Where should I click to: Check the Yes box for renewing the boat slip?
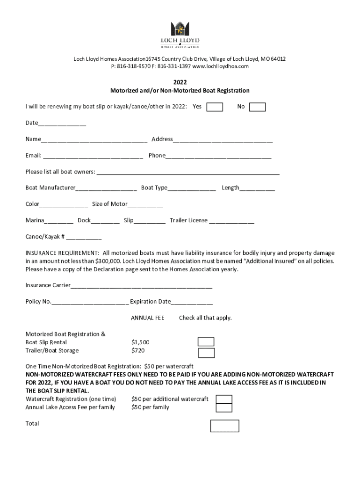[x=215, y=107]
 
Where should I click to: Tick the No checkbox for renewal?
[x=257, y=107]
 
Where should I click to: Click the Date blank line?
[x=62, y=123]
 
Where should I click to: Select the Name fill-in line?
[x=94, y=139]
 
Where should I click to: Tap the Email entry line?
[x=93, y=156]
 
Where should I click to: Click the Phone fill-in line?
[x=218, y=156]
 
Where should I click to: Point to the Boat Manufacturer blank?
[x=106, y=188]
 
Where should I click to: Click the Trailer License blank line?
[x=231, y=221]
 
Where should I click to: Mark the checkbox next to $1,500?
[x=206, y=342]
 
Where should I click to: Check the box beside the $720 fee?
[x=206, y=353]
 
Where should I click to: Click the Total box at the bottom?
[x=224, y=426]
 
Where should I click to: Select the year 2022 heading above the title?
[x=180, y=82]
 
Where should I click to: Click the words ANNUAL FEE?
[x=147, y=318]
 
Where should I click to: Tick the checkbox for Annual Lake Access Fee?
[x=224, y=408]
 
